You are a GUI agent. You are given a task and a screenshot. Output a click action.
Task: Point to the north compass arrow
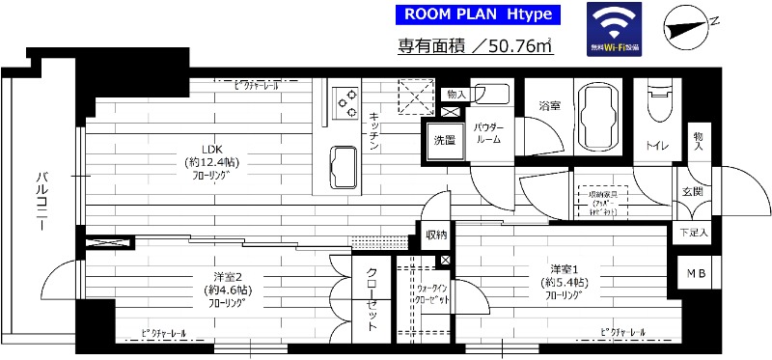click(691, 27)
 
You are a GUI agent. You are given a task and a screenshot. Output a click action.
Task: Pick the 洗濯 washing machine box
click(445, 140)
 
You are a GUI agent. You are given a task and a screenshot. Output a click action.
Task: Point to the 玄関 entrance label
click(692, 190)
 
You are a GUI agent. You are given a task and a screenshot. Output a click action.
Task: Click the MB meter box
click(695, 274)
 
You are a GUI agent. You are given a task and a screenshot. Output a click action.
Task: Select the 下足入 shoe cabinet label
click(692, 233)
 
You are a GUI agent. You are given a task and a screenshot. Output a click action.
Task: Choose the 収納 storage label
click(435, 235)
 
